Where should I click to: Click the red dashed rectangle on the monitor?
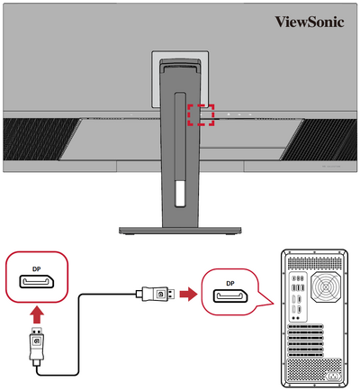(202, 114)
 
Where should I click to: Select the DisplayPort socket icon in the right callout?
(230, 297)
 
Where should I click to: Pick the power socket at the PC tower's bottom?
(333, 372)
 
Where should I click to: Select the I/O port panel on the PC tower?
(296, 296)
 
